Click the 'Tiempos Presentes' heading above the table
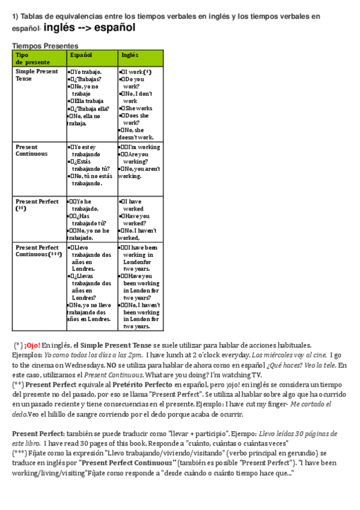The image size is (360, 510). pyautogui.click(x=45, y=46)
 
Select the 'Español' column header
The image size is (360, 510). pyautogui.click(x=81, y=55)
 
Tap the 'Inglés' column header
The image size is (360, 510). pyautogui.click(x=130, y=55)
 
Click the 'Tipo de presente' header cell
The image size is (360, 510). pyautogui.click(x=33, y=58)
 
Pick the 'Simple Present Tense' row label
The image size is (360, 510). pyautogui.click(x=37, y=75)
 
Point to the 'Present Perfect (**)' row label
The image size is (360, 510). pyautogui.click(x=37, y=204)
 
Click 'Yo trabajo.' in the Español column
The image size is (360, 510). pyautogui.click(x=88, y=72)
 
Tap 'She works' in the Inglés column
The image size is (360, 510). pyautogui.click(x=138, y=108)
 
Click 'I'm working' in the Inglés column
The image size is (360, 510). pyautogui.click(x=144, y=147)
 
